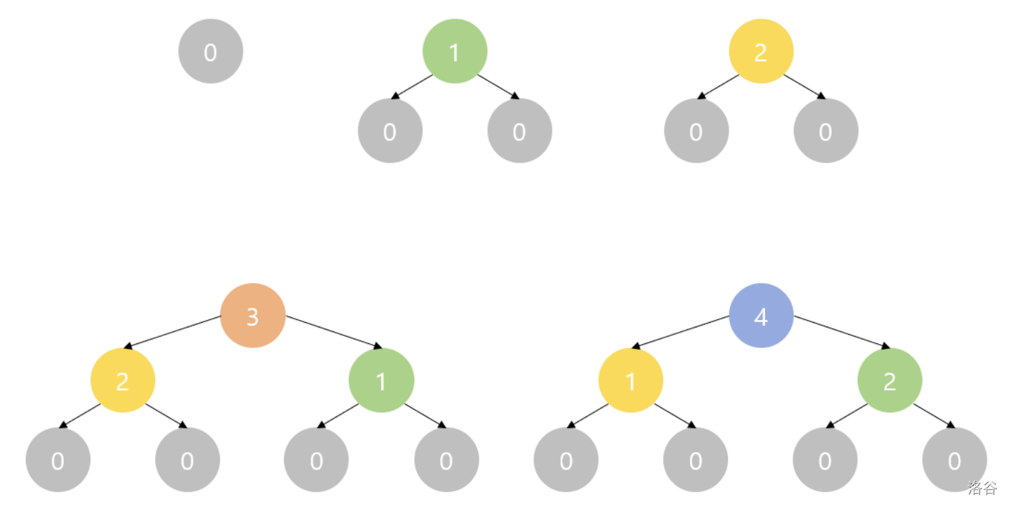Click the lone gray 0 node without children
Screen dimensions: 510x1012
pos(211,51)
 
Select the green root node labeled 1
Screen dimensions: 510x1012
pos(455,51)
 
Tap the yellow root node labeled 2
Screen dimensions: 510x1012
pos(761,51)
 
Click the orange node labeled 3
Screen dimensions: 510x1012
pos(253,315)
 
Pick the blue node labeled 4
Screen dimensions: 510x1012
pos(761,315)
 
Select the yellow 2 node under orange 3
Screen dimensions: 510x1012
pos(123,380)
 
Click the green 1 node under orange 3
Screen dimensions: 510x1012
pos(381,380)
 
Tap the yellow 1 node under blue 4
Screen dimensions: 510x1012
pos(630,380)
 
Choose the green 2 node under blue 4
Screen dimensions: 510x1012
pos(890,380)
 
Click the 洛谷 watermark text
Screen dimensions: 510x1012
pos(982,488)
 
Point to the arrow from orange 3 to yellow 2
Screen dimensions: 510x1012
pos(173,331)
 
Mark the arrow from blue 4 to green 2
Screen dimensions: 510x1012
pos(842,331)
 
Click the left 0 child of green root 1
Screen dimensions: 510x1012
pos(390,131)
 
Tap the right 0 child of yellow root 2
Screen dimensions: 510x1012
pos(826,131)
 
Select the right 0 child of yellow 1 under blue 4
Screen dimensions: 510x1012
pos(696,460)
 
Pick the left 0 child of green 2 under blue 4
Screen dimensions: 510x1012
pos(824,460)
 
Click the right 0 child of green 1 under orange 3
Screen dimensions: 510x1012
pos(446,460)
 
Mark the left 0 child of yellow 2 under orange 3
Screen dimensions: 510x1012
pos(58,460)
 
